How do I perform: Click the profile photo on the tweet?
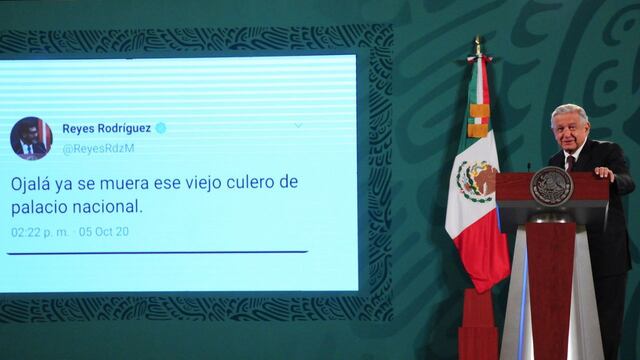(31, 138)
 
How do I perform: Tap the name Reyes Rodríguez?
(107, 128)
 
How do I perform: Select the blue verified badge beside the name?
(160, 128)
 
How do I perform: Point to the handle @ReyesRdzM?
(98, 148)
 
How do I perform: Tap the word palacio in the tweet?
(39, 208)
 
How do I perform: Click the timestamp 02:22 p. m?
(40, 232)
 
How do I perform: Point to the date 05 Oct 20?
(104, 232)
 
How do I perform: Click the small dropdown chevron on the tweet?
(297, 126)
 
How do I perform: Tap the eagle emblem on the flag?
(472, 180)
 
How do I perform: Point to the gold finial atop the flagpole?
(478, 44)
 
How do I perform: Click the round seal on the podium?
(551, 186)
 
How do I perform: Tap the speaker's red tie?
(570, 162)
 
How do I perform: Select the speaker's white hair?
(570, 111)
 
